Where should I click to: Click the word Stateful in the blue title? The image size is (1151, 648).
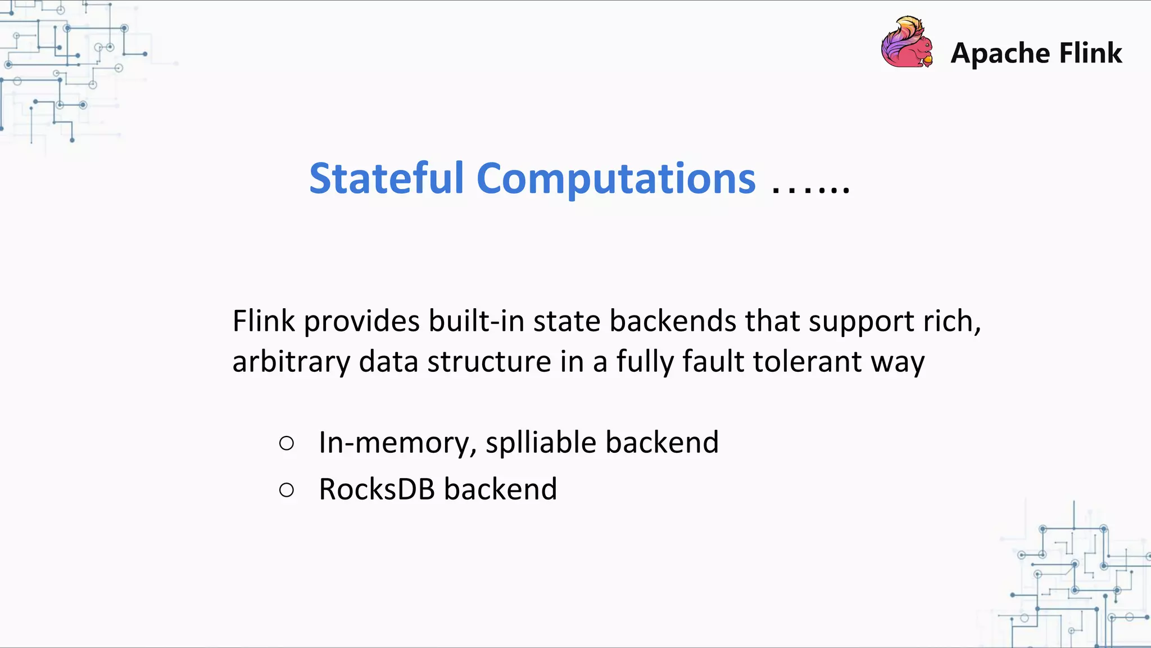click(387, 179)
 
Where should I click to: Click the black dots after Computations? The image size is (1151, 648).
click(811, 188)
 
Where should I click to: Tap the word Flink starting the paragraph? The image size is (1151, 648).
click(264, 321)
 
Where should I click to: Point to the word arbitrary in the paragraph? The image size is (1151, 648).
click(291, 362)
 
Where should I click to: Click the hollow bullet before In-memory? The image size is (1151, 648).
click(287, 443)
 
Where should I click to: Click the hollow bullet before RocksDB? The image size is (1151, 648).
click(287, 490)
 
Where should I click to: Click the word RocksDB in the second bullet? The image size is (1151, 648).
click(377, 489)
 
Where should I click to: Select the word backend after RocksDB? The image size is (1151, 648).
click(500, 489)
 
